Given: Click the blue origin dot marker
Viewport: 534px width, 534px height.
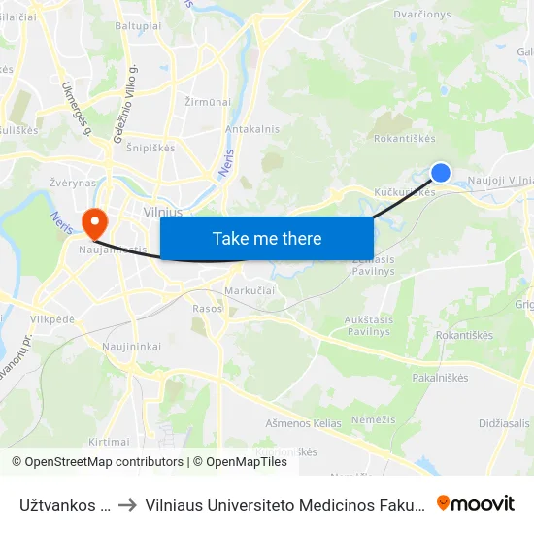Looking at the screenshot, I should point(441,173).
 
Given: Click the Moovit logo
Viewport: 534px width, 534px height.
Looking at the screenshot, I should point(476,503).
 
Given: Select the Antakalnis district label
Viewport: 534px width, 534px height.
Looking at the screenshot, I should point(252,129).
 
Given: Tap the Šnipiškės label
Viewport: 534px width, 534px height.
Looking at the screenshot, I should point(150,149).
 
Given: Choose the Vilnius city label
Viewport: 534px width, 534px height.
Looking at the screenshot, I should point(162,211).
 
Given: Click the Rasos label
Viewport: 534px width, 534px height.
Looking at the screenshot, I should point(207,308).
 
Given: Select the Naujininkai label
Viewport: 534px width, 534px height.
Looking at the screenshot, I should point(131,346).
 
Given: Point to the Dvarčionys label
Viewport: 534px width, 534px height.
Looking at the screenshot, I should point(421,15).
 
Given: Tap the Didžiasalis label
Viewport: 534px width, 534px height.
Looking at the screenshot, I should point(504,423).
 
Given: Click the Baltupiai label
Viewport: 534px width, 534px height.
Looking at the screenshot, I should point(137,26).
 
